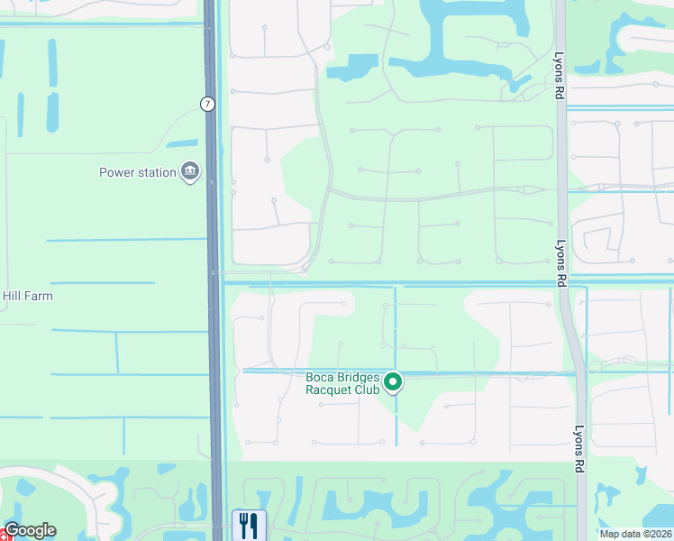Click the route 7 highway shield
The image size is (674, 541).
tap(208, 104)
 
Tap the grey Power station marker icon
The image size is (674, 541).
tap(190, 171)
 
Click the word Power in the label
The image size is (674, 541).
tap(118, 172)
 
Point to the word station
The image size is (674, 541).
tap(159, 172)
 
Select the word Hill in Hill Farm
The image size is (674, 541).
tap(14, 296)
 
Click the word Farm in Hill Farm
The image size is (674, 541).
tap(40, 296)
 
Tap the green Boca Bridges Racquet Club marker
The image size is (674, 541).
tap(393, 383)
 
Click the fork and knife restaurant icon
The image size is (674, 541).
tap(247, 525)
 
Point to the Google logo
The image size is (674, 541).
tap(30, 530)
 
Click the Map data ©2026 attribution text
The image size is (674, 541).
tap(635, 534)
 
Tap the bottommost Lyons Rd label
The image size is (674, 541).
tap(579, 449)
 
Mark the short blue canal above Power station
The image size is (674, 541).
tap(182, 143)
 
